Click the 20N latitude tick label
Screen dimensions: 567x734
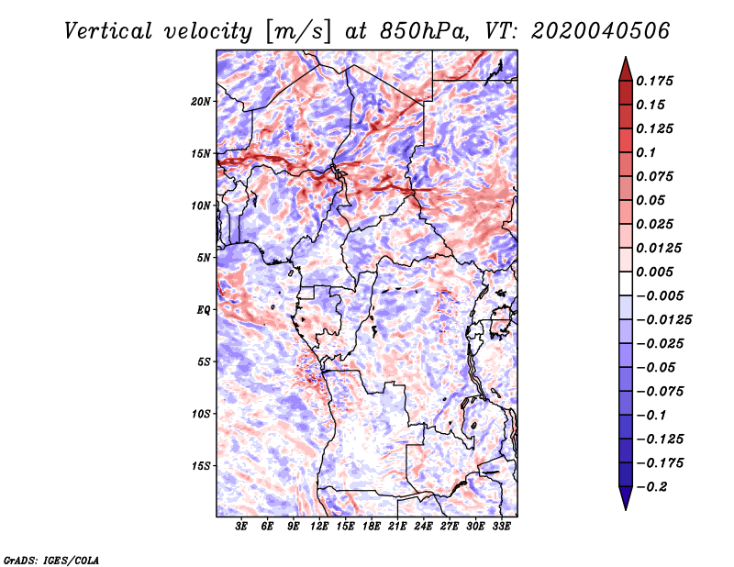[x=201, y=101]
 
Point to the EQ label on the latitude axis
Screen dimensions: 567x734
[x=203, y=309]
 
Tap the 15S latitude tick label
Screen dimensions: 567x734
[x=201, y=465]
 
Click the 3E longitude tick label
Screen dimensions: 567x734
[x=242, y=527]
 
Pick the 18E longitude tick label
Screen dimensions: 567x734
[x=372, y=527]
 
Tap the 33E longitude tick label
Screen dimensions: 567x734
[x=501, y=527]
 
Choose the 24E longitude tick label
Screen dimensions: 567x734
[x=423, y=527]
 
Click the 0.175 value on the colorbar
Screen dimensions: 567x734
[x=656, y=81]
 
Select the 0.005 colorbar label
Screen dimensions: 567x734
[x=656, y=272]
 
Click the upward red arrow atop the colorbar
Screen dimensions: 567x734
[x=625, y=68]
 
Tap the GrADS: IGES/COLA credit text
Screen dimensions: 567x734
[x=51, y=559]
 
